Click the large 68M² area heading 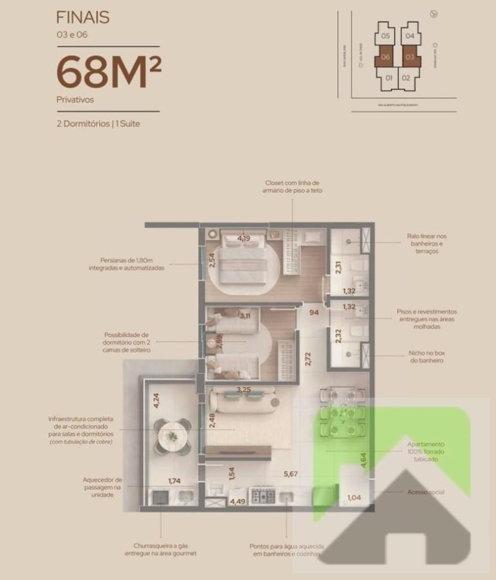(x=108, y=73)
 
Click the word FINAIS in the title (x=82, y=17)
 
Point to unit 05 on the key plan (x=386, y=37)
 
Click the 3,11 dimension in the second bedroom (x=245, y=316)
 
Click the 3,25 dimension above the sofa (x=244, y=390)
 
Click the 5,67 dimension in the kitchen (x=291, y=476)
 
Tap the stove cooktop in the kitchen (x=262, y=496)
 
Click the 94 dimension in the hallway (x=314, y=313)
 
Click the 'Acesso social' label (x=426, y=492)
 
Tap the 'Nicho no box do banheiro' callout (x=426, y=356)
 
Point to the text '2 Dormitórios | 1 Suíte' (x=98, y=123)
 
